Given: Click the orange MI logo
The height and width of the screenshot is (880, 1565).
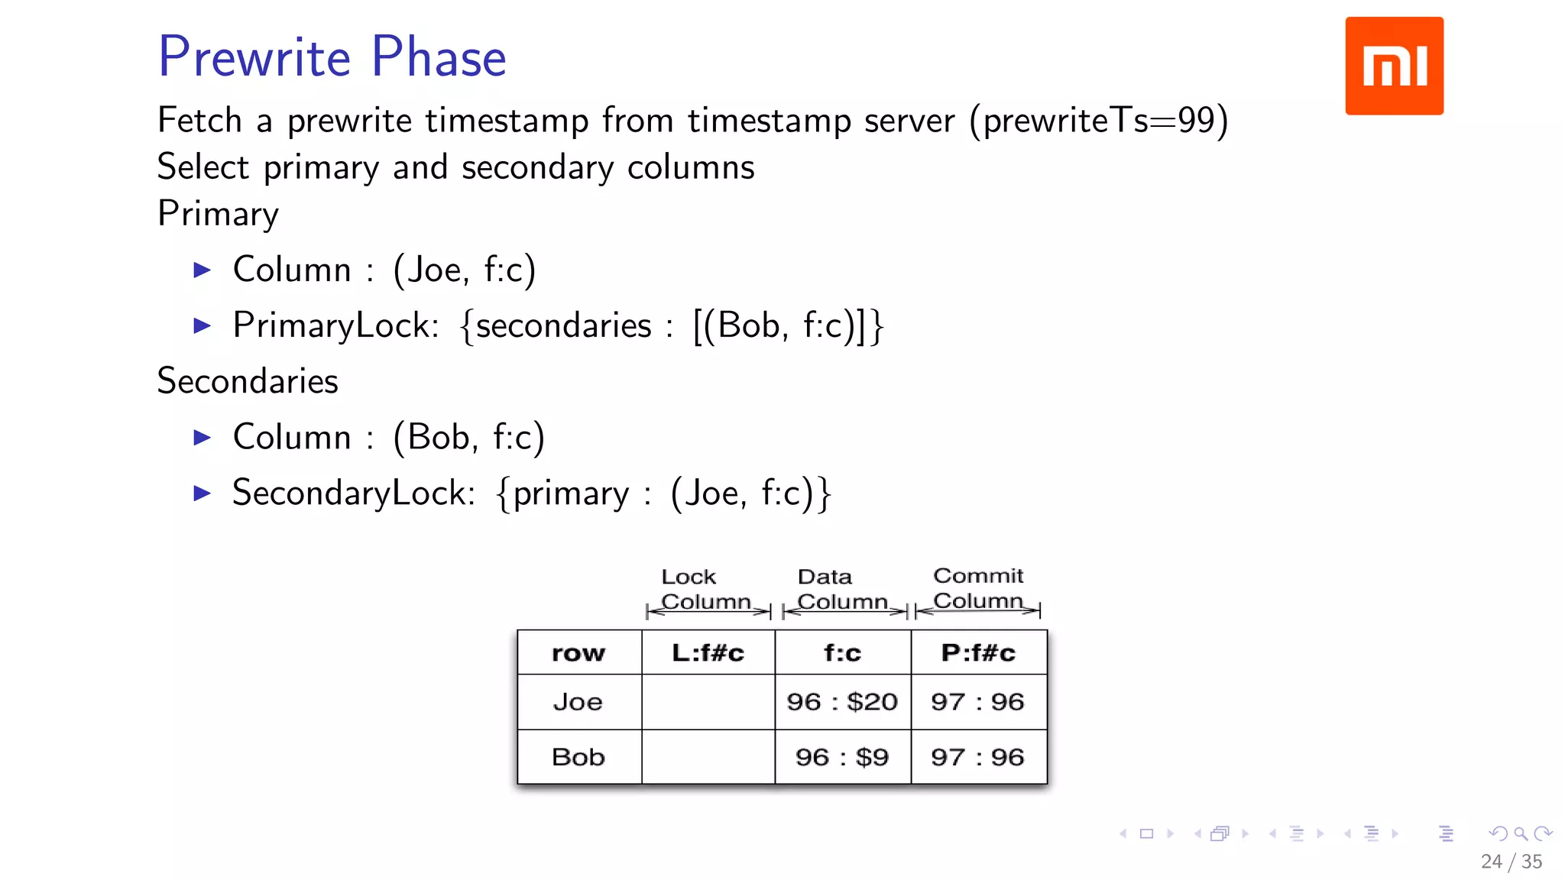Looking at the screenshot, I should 1394,66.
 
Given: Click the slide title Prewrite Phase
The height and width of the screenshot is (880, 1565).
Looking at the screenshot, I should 332,57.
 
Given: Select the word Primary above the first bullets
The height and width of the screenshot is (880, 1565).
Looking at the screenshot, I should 218,213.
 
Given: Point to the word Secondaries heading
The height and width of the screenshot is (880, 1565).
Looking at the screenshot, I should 248,380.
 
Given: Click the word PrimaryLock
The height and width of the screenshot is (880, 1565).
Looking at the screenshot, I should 335,325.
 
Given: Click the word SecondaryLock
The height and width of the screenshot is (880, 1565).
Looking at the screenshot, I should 353,493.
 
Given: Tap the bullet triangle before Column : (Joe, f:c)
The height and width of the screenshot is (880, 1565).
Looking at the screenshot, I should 202,270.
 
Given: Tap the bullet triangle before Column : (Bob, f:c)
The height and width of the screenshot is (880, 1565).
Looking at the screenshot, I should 202,437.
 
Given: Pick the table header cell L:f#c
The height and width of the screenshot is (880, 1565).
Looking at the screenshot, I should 708,653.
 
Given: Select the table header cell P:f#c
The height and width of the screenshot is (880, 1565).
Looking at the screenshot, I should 978,653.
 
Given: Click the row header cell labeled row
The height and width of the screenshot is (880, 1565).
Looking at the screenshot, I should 578,653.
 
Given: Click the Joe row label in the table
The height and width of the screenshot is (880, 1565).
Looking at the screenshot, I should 578,702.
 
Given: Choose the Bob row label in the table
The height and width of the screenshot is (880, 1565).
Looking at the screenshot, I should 578,757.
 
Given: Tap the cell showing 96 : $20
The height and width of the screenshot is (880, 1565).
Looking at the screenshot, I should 842,702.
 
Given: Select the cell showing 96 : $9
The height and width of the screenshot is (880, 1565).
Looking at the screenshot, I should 842,757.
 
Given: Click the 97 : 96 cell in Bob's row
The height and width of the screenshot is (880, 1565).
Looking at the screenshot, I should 977,757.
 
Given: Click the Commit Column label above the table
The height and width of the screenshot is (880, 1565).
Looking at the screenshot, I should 977,588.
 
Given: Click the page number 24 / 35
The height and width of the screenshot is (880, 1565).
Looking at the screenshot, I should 1511,862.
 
